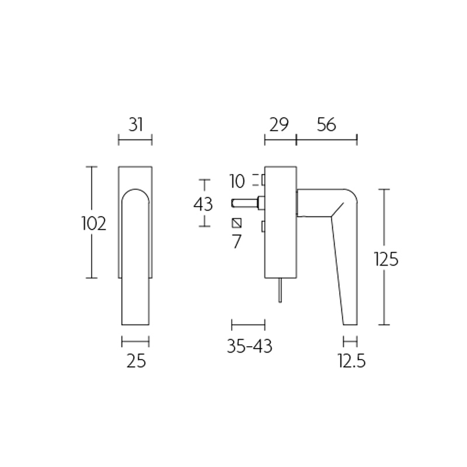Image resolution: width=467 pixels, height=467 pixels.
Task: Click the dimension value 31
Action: pos(135,124)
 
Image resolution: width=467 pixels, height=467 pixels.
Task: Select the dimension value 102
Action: pos(94,223)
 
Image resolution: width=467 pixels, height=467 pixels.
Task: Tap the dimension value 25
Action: pos(135,361)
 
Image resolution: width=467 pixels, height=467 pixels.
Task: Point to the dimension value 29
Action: pos(280,124)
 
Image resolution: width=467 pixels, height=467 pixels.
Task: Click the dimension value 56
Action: pos(326,124)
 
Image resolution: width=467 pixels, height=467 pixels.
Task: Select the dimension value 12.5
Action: pos(351,361)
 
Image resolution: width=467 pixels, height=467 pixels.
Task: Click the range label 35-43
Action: pos(249,346)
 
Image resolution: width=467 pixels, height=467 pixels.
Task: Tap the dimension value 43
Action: pos(203,204)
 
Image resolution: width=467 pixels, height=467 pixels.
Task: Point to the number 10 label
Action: pos(237,181)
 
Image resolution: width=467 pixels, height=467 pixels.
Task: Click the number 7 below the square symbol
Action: pos(236,241)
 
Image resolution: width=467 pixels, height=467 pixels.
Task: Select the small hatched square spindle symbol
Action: pos(237,222)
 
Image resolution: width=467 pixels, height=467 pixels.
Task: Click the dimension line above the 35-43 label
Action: pos(249,325)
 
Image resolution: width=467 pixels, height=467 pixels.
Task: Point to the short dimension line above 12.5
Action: pos(350,341)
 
